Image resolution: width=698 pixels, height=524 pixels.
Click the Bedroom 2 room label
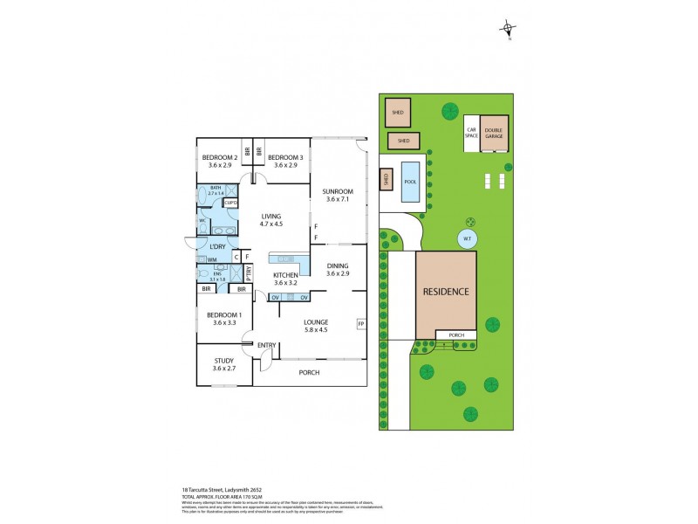(x=221, y=157)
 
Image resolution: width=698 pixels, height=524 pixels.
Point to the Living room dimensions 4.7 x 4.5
(x=277, y=224)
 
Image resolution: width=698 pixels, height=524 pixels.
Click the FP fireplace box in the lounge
(x=360, y=325)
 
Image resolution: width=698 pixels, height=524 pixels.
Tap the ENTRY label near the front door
(x=266, y=345)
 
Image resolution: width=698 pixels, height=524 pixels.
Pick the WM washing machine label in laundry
(x=212, y=259)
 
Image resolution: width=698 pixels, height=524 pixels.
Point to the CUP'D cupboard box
(x=231, y=203)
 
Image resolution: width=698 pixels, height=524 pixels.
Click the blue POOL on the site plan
(x=410, y=182)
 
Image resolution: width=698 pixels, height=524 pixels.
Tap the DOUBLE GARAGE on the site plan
(x=493, y=134)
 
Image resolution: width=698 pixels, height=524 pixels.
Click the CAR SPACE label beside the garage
(x=471, y=134)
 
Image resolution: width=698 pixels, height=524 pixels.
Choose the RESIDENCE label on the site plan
(x=446, y=292)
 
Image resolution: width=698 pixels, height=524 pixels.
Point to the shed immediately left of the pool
(x=385, y=181)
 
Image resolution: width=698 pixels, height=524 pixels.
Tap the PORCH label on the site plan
(x=456, y=335)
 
